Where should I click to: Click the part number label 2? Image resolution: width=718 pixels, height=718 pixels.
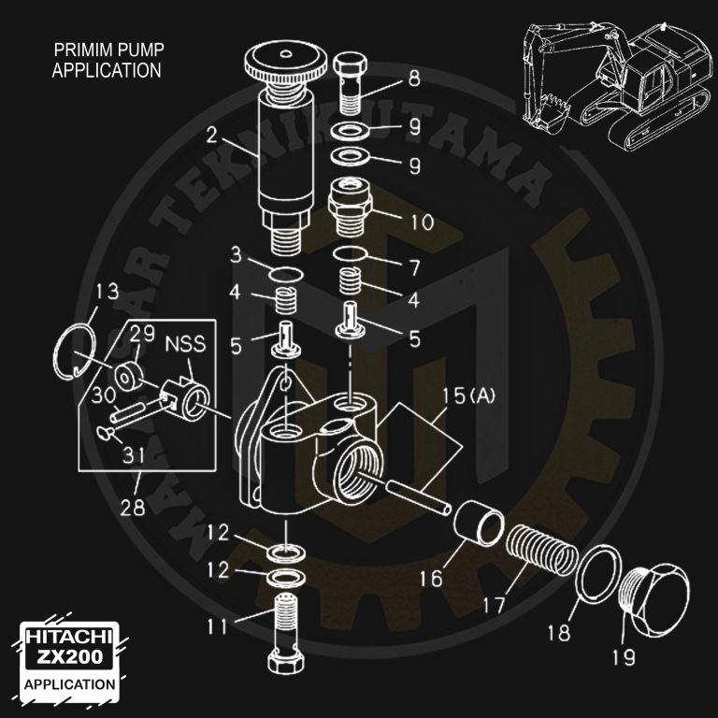pyautogui.click(x=213, y=134)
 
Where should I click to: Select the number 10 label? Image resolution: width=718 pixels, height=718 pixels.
pyautogui.click(x=421, y=222)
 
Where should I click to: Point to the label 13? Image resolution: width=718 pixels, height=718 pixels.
pyautogui.click(x=108, y=291)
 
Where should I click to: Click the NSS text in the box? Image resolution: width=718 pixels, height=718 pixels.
pyautogui.click(x=186, y=344)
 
